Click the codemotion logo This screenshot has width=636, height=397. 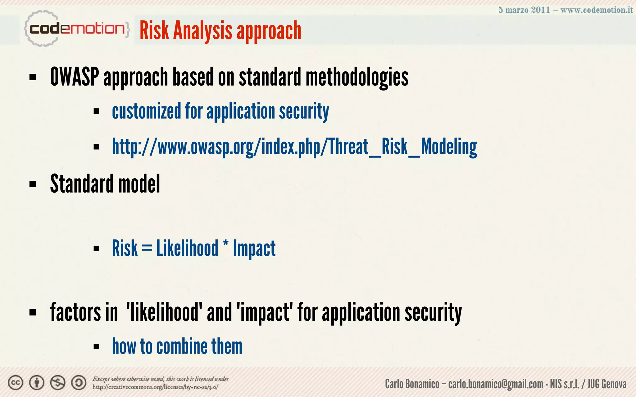pyautogui.click(x=76, y=29)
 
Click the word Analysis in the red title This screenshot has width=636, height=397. pyautogui.click(x=203, y=31)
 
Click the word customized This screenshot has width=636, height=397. pyautogui.click(x=146, y=111)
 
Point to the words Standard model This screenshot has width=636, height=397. pyautogui.click(x=105, y=184)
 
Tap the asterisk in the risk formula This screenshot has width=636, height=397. pyautogui.click(x=225, y=245)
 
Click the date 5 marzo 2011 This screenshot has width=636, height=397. pyautogui.click(x=524, y=10)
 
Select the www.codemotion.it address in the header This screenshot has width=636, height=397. pyautogui.click(x=597, y=10)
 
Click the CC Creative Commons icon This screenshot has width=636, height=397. pyautogui.click(x=16, y=383)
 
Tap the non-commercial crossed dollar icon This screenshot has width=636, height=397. pyautogui.click(x=58, y=383)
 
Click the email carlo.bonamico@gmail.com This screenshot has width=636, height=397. pyautogui.click(x=496, y=384)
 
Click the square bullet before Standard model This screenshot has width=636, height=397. pyautogui.click(x=33, y=184)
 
